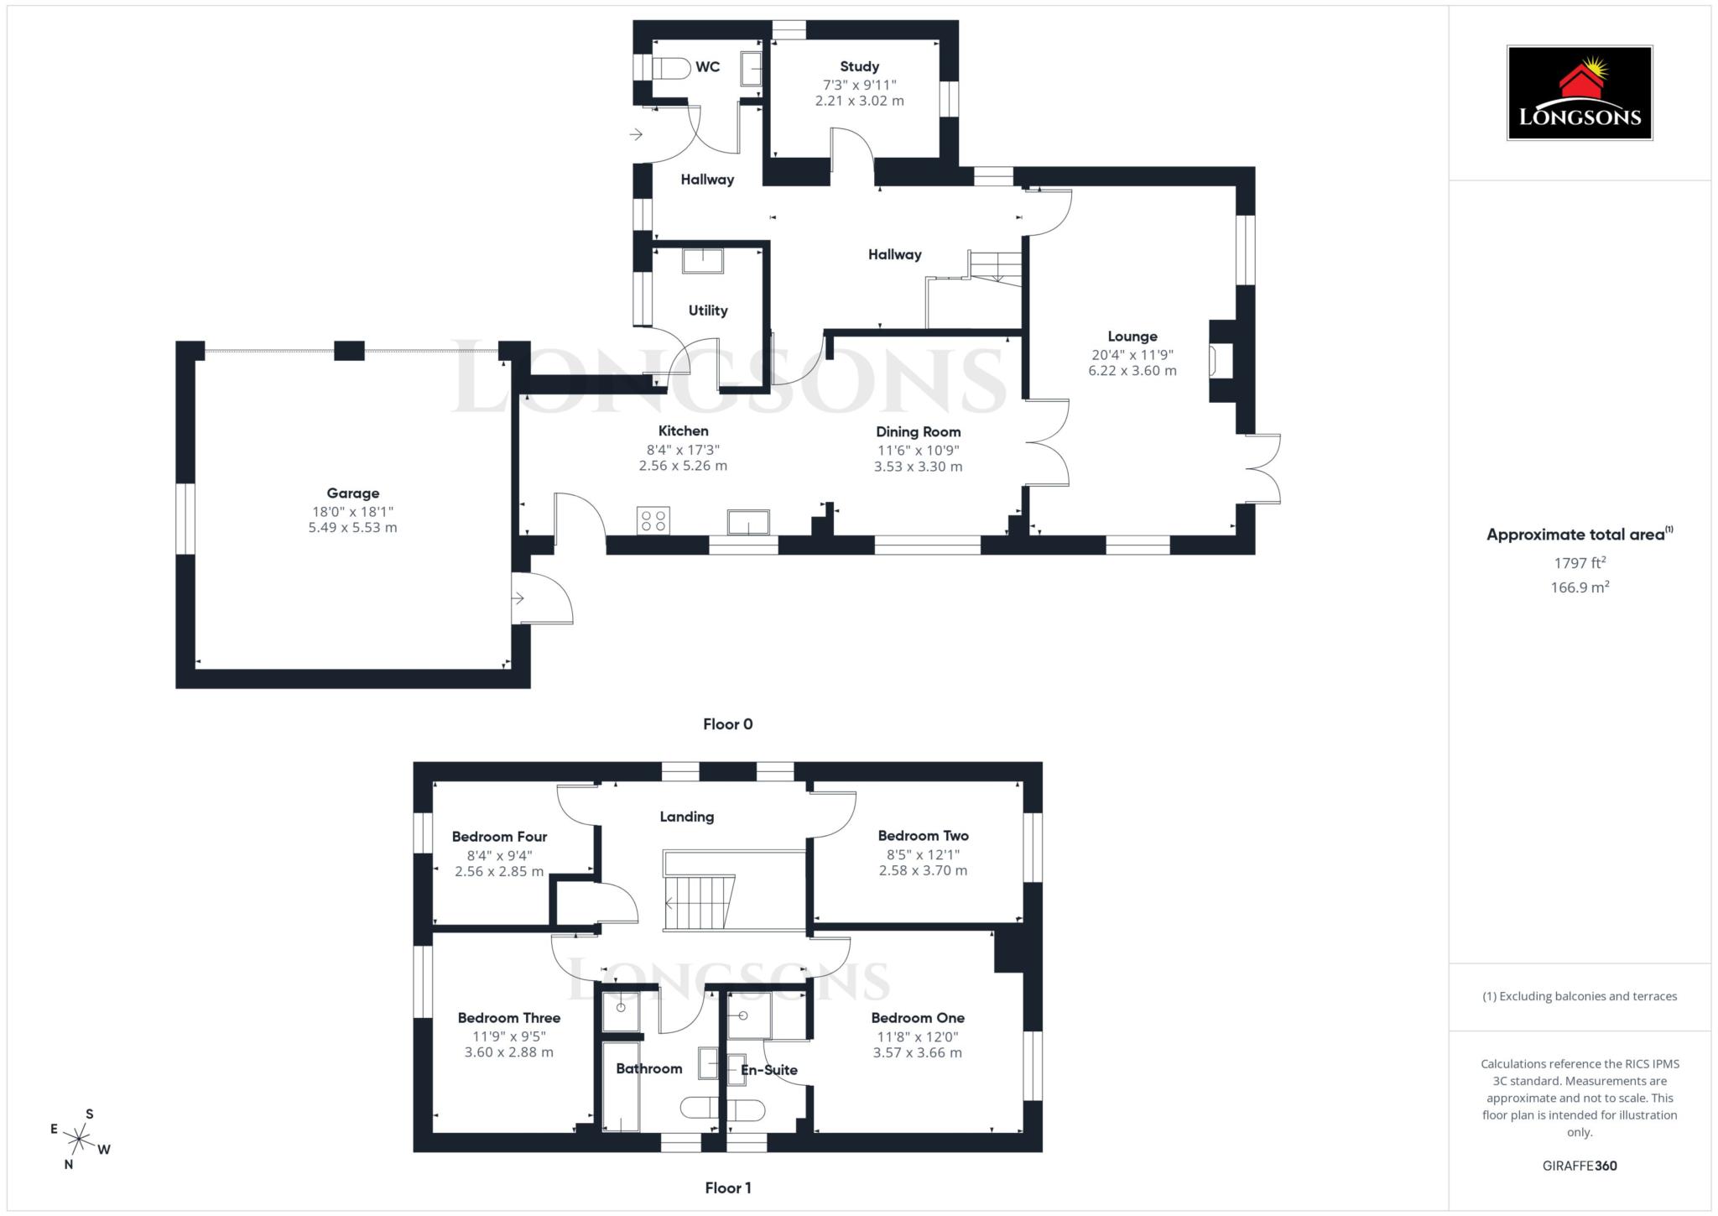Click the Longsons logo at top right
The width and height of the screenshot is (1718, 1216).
1579,93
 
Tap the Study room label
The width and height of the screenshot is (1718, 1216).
859,66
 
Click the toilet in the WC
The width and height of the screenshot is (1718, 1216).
670,68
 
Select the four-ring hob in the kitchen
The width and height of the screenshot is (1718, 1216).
653,520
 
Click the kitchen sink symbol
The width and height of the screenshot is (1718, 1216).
748,522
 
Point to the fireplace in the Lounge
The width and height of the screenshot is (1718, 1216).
1216,362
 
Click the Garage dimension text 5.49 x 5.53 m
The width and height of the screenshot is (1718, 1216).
352,528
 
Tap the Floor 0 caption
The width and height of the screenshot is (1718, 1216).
727,724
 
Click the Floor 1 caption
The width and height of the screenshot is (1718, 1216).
727,1187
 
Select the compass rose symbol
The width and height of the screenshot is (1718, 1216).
79,1140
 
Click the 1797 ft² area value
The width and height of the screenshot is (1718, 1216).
1579,563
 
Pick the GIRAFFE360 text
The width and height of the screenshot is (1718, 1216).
1579,1166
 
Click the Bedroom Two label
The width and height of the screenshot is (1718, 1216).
923,836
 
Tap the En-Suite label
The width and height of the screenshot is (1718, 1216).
768,1070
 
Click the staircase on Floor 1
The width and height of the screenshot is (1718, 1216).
699,903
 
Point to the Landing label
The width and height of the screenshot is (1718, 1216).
686,817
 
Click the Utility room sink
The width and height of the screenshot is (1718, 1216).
702,261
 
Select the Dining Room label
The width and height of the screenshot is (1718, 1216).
918,432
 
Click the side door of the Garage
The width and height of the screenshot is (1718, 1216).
542,598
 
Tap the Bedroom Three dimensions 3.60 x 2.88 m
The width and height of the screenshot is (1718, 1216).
508,1052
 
